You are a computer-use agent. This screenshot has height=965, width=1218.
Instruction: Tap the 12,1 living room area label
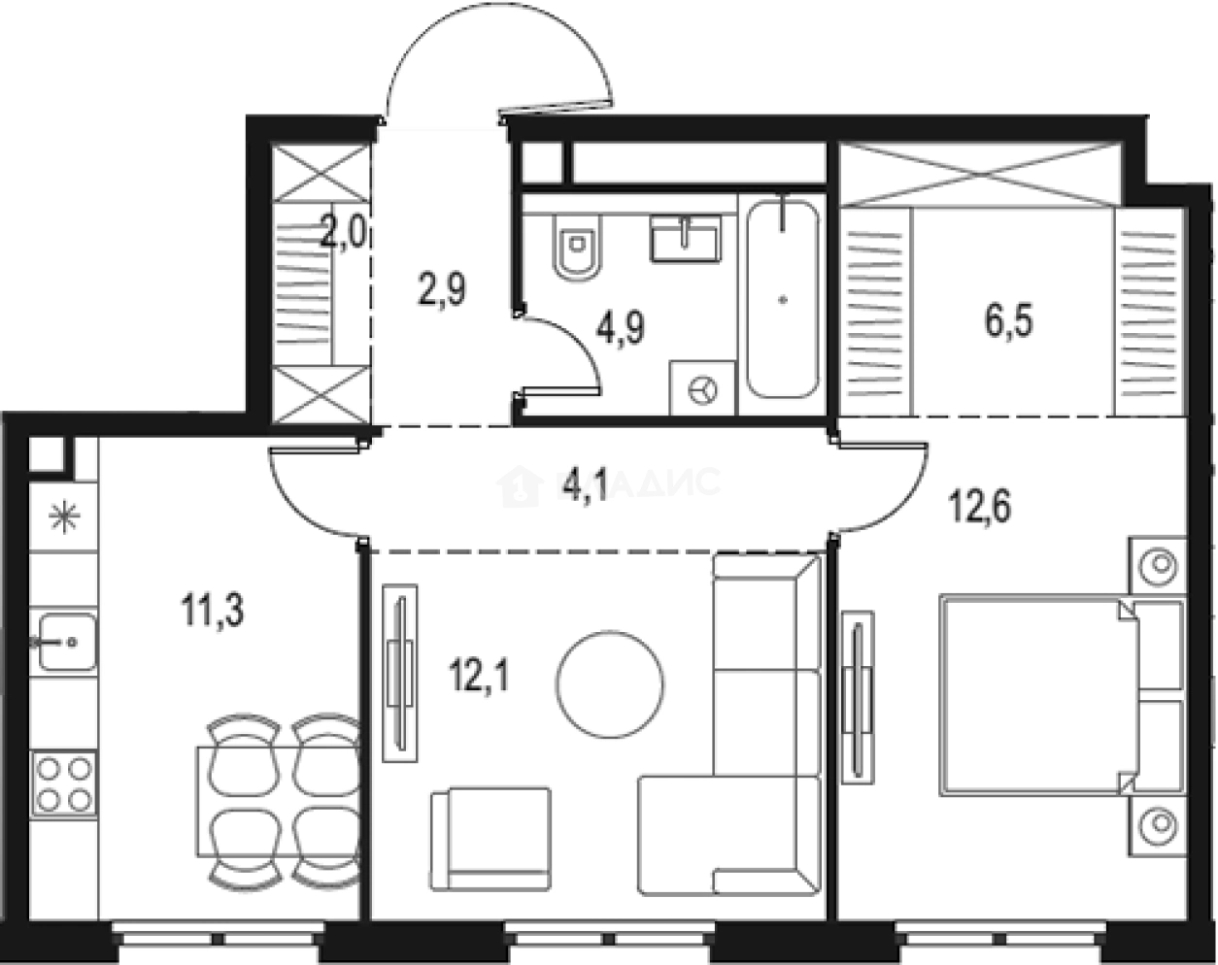pyautogui.click(x=479, y=671)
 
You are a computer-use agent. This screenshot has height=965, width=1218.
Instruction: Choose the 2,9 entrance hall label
pyautogui.click(x=443, y=288)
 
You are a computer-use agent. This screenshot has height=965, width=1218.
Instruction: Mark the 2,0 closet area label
pyautogui.click(x=343, y=234)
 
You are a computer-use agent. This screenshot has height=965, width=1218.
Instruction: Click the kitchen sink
pyautogui.click(x=65, y=640)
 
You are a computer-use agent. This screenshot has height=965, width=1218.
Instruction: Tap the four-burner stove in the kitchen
pyautogui.click(x=65, y=784)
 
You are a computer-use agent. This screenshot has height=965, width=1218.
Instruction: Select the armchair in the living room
pyautogui.click(x=491, y=839)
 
